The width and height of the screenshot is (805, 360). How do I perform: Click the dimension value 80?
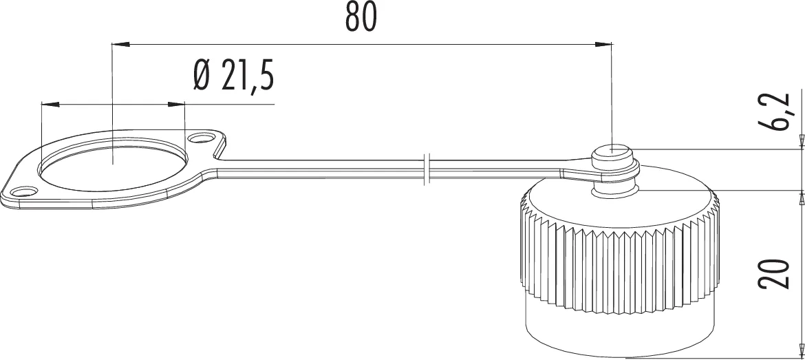click(361, 19)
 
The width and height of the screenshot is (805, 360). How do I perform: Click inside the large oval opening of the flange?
click(112, 162)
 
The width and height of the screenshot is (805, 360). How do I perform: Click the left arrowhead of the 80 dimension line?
click(120, 45)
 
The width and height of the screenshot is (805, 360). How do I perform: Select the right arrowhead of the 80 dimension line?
click(603, 45)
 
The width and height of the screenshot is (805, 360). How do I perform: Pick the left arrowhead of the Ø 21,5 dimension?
click(50, 105)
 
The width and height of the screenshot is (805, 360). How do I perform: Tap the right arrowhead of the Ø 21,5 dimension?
click(177, 105)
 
